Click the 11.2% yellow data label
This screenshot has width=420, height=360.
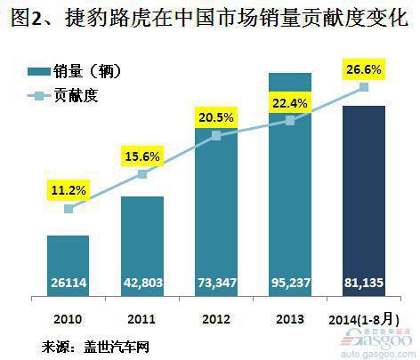tap(69, 188)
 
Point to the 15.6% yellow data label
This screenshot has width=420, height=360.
tap(142, 156)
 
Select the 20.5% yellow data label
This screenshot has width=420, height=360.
tap(215, 117)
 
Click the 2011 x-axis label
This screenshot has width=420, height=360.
tap(142, 317)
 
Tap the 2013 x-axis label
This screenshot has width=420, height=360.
tap(289, 317)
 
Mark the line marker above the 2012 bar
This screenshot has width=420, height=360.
tap(215, 136)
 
